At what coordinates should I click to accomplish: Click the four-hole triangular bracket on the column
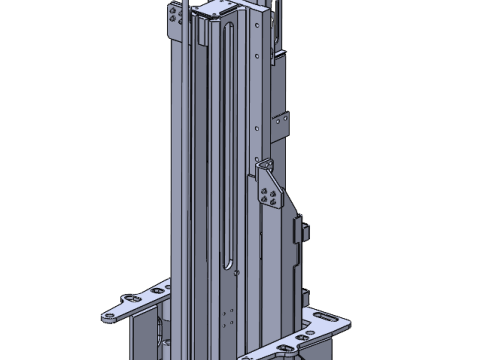click(x=269, y=188)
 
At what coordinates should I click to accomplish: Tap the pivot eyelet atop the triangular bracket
click(x=266, y=162)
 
